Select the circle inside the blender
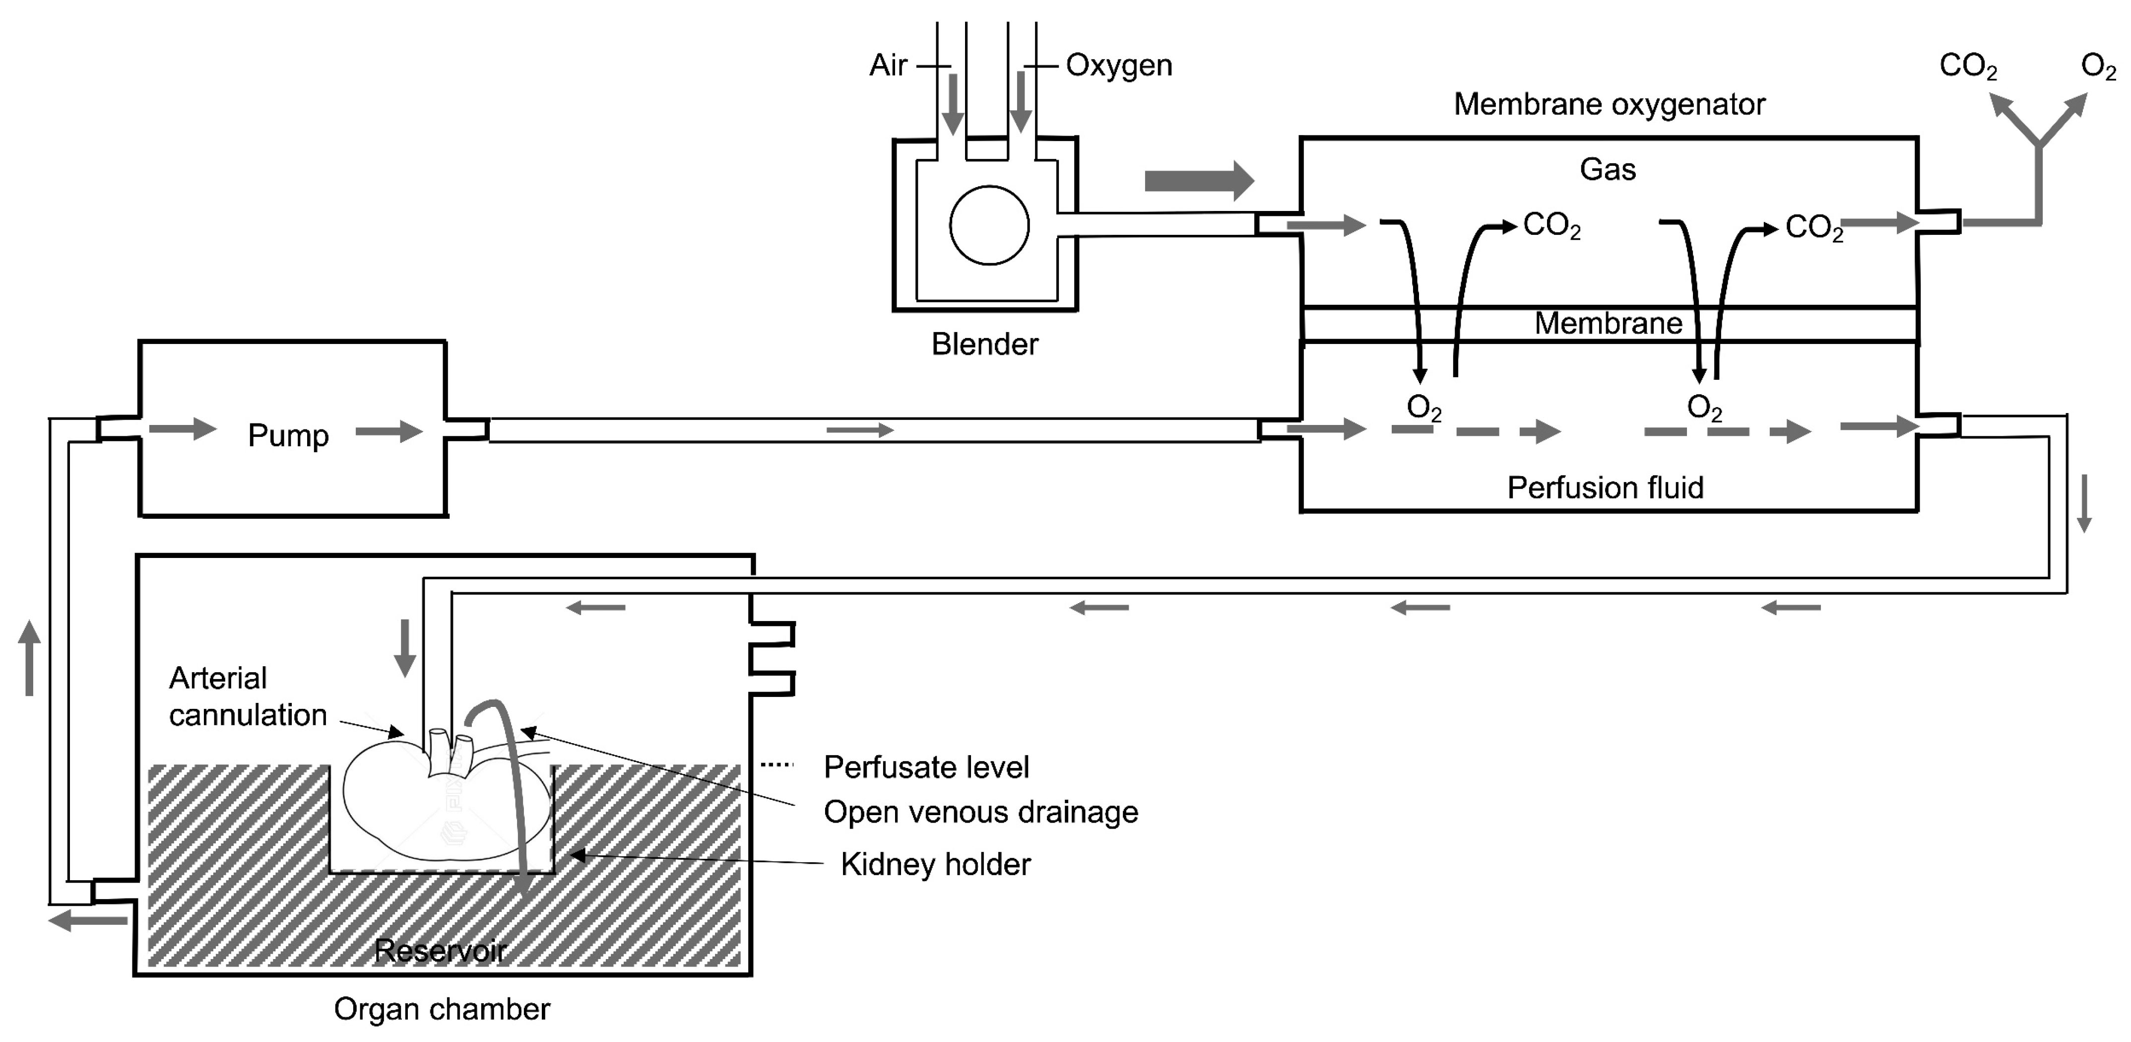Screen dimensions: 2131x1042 coord(989,225)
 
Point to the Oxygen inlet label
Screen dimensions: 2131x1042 coord(1118,66)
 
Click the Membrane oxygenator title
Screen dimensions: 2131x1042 coord(1609,104)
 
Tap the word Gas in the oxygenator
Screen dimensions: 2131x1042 coord(1608,170)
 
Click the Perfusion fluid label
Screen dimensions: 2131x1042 coord(1605,487)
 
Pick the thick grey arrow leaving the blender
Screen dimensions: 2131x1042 coord(1200,180)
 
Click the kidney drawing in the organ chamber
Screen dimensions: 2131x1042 coord(447,795)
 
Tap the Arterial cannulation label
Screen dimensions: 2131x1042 coord(248,696)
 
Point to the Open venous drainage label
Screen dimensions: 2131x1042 coord(980,812)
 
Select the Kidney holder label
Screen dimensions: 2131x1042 coord(936,865)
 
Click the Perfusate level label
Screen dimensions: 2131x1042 coord(926,767)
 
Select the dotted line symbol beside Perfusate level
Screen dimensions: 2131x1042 coord(777,764)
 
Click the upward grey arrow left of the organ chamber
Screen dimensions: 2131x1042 coord(30,658)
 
